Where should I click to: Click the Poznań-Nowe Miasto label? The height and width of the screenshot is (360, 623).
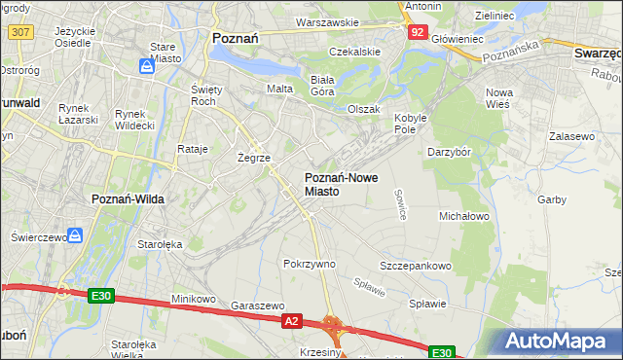tap(337, 185)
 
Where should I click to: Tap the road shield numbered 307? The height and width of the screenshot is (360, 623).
tap(19, 31)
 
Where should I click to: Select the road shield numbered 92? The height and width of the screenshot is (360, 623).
tap(417, 31)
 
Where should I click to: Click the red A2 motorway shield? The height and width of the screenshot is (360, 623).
tap(291, 319)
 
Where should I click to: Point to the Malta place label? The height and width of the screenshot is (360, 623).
tap(280, 89)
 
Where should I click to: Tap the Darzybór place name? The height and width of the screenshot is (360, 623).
tap(450, 152)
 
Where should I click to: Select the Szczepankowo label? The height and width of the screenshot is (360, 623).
tap(416, 266)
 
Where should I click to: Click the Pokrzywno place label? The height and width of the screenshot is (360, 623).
tap(309, 264)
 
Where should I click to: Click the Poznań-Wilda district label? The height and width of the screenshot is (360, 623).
tap(128, 198)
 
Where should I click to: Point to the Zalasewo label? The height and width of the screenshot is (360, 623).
tap(571, 137)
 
